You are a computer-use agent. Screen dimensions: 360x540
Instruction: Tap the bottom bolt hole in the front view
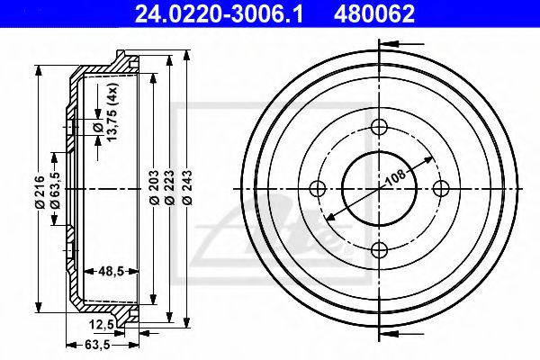[x=379, y=249]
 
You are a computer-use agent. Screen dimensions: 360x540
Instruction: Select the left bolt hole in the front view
[x=317, y=189]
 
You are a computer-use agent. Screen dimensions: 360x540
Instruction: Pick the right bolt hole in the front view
[x=440, y=189]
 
